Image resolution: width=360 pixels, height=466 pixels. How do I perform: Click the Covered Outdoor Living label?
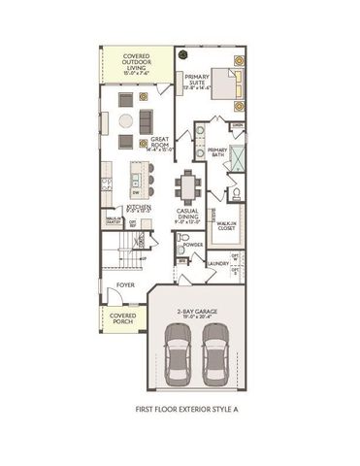coord(136,63)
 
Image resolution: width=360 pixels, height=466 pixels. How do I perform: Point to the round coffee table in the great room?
coord(126,120)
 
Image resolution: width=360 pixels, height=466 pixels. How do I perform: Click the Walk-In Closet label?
coord(228,226)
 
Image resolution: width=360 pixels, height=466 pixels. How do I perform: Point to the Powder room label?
coord(193,245)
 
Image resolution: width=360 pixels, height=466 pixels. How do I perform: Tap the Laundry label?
coord(217,263)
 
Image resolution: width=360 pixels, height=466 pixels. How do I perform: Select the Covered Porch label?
coord(122,318)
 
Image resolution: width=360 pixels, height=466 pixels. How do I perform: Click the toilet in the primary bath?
coord(232,192)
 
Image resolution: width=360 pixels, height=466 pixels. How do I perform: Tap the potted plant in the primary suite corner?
coord(181,54)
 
